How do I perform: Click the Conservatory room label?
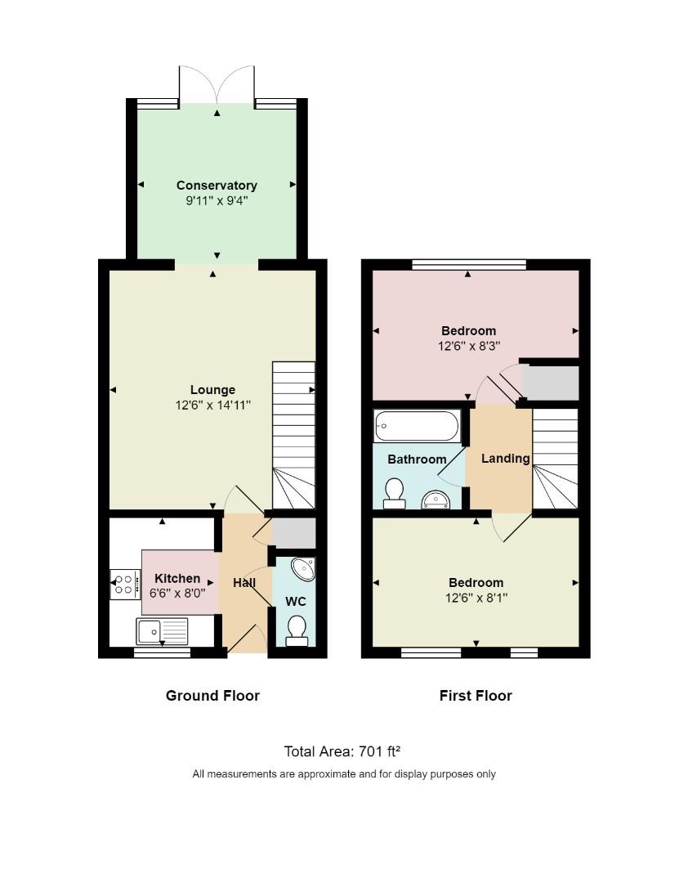click(x=217, y=186)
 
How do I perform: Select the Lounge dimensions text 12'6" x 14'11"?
click(x=212, y=405)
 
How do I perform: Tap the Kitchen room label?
click(x=177, y=579)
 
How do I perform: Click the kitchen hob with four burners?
click(x=125, y=585)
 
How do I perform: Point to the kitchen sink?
click(x=162, y=630)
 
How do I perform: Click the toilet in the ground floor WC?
click(x=297, y=630)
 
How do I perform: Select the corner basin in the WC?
click(x=303, y=567)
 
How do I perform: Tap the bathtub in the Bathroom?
click(x=417, y=425)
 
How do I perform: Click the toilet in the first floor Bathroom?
click(x=395, y=493)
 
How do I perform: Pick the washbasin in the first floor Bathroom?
click(x=436, y=500)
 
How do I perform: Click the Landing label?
click(x=505, y=459)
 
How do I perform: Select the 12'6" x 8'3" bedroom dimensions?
click(x=468, y=346)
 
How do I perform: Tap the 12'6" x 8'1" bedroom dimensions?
click(x=476, y=598)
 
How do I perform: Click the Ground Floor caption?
click(x=212, y=696)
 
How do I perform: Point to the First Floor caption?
click(x=476, y=696)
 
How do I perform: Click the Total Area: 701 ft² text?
click(x=342, y=751)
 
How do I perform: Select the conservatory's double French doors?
click(x=217, y=86)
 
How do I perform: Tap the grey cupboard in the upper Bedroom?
click(x=551, y=383)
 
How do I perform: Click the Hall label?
click(x=243, y=583)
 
